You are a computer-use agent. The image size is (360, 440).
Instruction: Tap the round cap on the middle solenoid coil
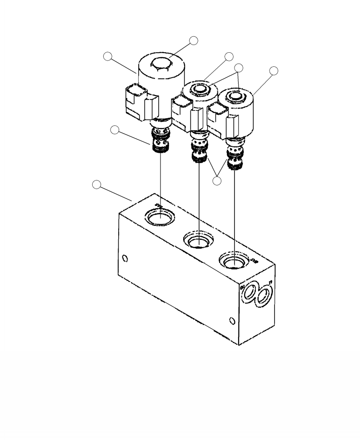pyautogui.click(x=199, y=88)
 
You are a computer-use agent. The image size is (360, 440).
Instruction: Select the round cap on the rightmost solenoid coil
pyautogui.click(x=235, y=96)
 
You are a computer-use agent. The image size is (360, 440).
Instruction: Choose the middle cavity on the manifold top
pyautogui.click(x=199, y=240)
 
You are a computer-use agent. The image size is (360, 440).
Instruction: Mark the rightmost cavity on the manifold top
pyautogui.click(x=235, y=262)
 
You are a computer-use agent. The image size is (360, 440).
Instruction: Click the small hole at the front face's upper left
pyautogui.click(x=125, y=259)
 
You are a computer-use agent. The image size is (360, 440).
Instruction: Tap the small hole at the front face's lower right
pyautogui.click(x=232, y=321)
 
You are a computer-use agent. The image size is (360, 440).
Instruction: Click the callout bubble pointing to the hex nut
pyautogui.click(x=194, y=40)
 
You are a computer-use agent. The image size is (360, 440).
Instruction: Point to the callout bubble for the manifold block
pyautogui.click(x=97, y=184)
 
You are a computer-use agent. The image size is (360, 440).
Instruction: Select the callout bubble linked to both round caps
pyautogui.click(x=239, y=68)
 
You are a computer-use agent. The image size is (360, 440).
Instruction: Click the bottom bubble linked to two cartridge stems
pyautogui.click(x=217, y=180)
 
